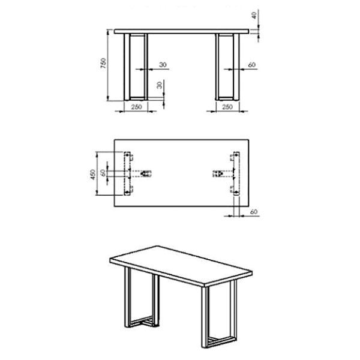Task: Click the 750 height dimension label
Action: click(103, 63)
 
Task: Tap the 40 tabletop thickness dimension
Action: click(254, 16)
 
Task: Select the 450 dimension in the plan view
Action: click(92, 175)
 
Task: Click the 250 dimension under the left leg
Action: click(136, 107)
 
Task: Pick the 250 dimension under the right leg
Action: click(227, 107)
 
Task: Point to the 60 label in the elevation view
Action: click(252, 65)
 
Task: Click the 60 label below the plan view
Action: click(254, 212)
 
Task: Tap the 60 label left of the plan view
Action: click(103, 173)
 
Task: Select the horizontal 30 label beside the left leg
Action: click(163, 65)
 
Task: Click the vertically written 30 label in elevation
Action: click(160, 85)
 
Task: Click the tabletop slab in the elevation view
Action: click(181, 31)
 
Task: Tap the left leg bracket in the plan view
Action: click(127, 173)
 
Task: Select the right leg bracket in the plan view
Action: click(236, 173)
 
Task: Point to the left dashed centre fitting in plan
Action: click(145, 173)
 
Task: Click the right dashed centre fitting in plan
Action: click(218, 173)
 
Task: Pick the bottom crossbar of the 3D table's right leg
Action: click(221, 341)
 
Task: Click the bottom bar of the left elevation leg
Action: click(137, 98)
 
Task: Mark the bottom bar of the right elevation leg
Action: click(226, 98)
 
